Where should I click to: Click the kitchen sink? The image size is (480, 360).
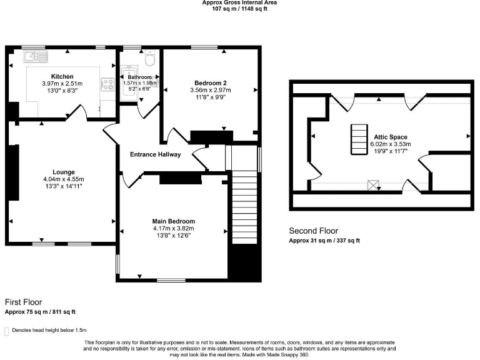coord(36,57)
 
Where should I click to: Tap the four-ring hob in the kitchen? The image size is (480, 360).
coord(107,84)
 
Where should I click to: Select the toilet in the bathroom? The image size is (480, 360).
coord(149,59)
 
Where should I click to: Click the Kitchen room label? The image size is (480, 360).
coord(62,76)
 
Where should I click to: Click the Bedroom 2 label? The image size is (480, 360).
coord(210,83)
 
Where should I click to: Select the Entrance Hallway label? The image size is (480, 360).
coord(155,154)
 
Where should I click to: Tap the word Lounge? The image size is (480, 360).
coord(64,172)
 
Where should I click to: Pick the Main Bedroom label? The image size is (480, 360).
coord(174,221)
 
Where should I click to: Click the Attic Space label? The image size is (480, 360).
coord(391,137)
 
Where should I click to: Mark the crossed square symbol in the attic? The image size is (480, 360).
coord(374,185)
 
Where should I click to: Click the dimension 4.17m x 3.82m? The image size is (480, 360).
coord(174,228)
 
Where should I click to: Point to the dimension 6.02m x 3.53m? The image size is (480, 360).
coord(391,144)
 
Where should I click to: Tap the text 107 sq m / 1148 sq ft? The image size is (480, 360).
coord(240,9)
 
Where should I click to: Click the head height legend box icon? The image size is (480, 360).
coord(7,331)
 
